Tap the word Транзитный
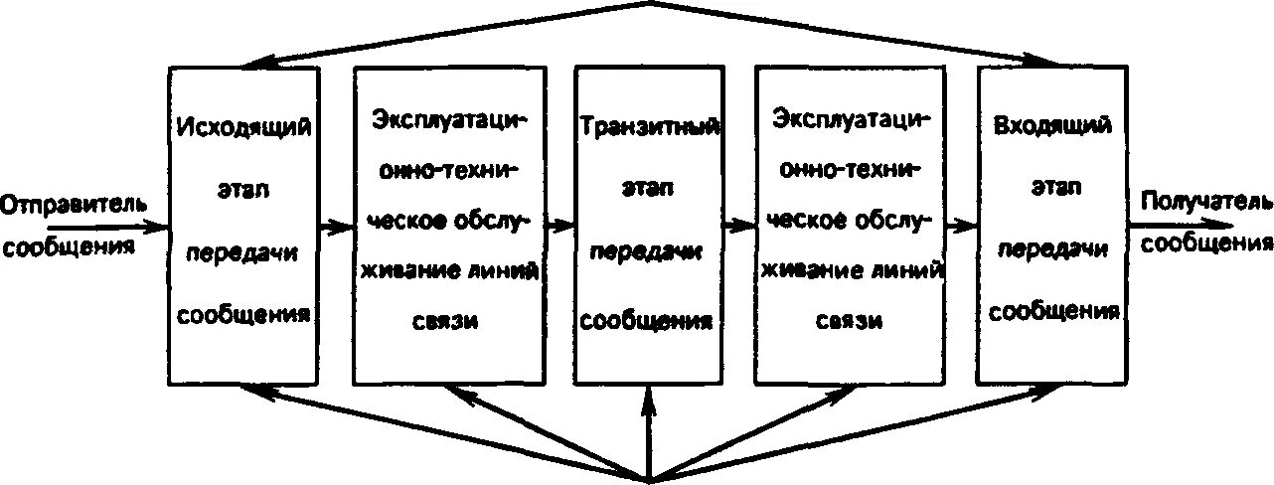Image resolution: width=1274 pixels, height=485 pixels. pos(649,129)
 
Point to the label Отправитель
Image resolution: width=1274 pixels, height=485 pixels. pos(75,206)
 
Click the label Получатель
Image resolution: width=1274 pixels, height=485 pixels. pos(1205,202)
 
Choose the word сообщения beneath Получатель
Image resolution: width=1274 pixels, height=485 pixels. pos(1205,242)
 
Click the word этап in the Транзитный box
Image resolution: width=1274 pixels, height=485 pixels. pos(648,192)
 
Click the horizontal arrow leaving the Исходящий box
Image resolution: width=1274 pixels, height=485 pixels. pos(337,226)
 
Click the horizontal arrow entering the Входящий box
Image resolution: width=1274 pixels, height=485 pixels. pos(960,226)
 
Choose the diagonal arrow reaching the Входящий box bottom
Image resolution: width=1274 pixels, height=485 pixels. pos(855,432)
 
